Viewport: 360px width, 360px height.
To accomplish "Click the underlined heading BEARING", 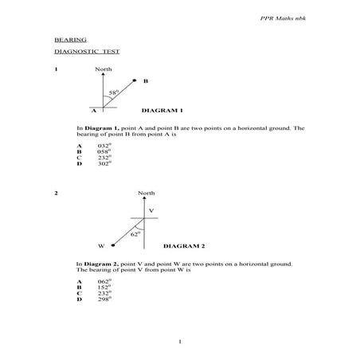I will [x=70, y=39].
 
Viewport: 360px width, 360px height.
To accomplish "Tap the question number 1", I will [x=56, y=69].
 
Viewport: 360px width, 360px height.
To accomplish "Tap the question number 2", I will [x=56, y=194].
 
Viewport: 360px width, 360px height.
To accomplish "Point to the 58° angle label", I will [x=114, y=93].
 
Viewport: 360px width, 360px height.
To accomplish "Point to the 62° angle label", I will [x=135, y=233].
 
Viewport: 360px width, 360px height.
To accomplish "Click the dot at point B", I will [x=135, y=80].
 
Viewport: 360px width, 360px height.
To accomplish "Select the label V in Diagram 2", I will [x=151, y=209].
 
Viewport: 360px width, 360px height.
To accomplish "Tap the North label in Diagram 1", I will [x=104, y=69].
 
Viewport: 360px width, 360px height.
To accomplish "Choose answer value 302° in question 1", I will [x=104, y=163].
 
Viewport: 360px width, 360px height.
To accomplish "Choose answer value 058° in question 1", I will [x=104, y=151].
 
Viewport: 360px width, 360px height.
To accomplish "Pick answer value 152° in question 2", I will [x=104, y=288].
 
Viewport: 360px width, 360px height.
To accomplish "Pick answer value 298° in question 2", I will [x=104, y=299].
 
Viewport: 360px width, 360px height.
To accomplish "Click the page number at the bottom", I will [x=182, y=342].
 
